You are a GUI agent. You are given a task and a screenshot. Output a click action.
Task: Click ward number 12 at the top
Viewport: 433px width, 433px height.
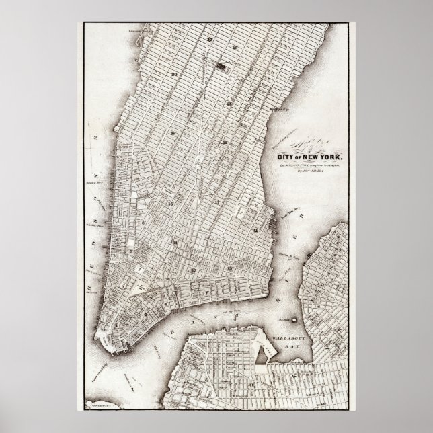click(x=210, y=40)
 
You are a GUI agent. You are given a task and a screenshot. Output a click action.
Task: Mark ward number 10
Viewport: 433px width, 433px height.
click(x=193, y=269)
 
